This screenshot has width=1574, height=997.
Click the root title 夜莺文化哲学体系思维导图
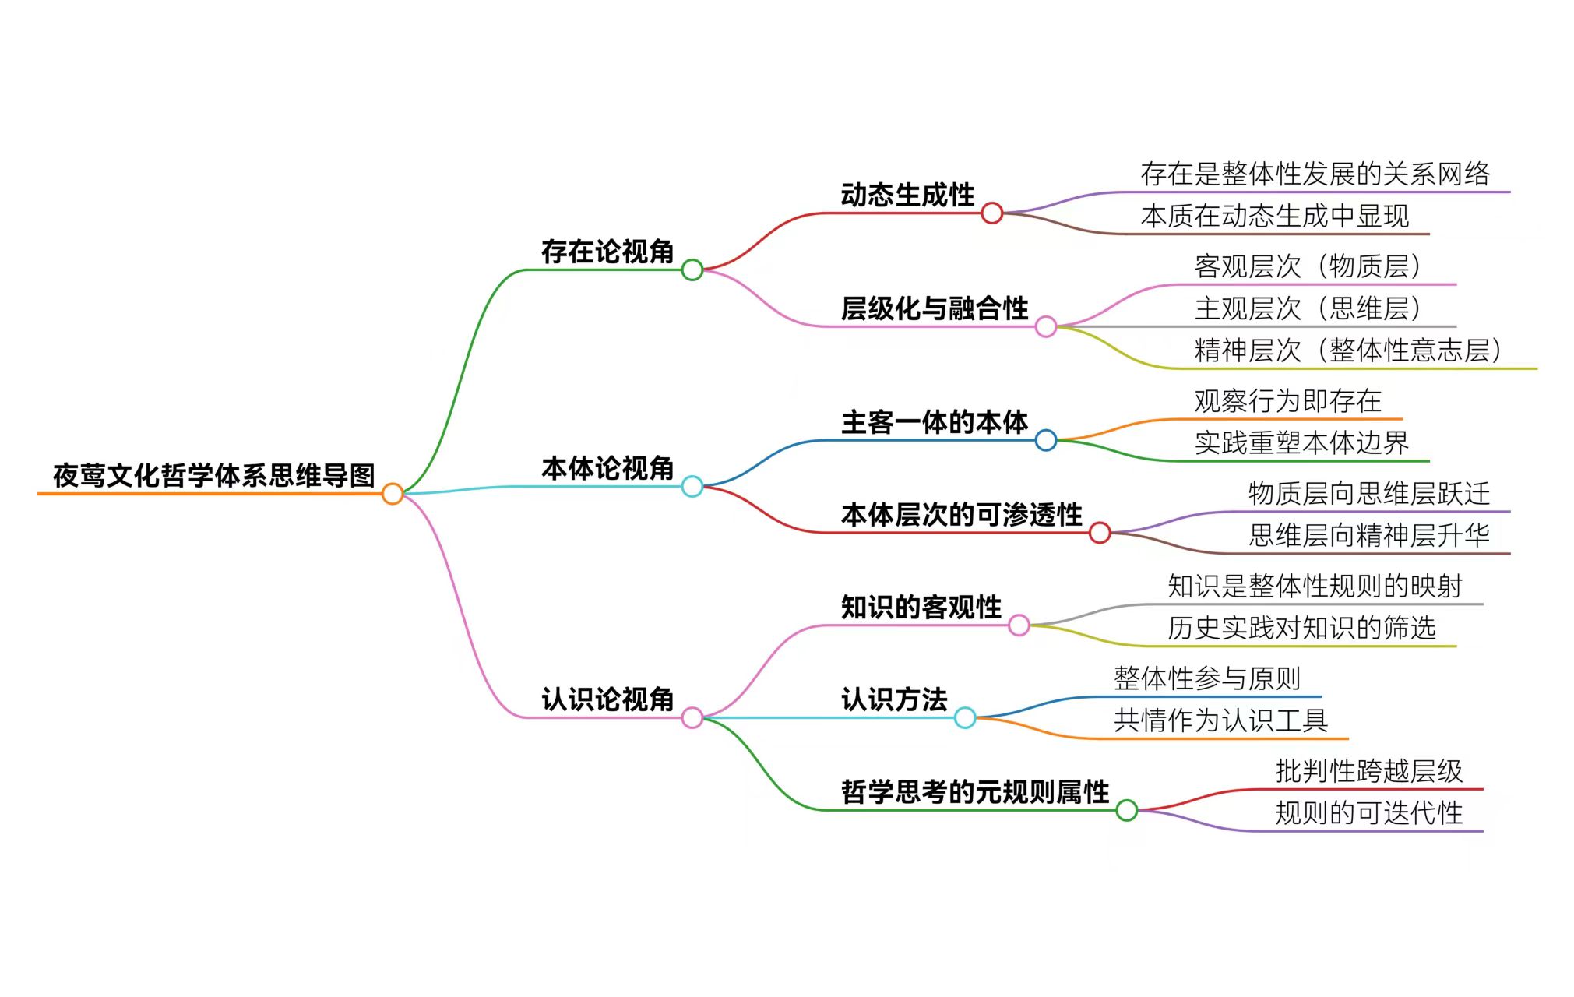pos(214,475)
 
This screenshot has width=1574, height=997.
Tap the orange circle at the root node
pos(393,494)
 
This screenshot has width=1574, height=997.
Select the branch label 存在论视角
pos(607,252)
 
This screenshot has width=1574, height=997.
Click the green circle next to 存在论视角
pos(692,270)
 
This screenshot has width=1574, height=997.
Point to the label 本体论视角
pos(607,468)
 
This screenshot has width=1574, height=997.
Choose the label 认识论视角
pos(607,699)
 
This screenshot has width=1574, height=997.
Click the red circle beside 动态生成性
pos(991,213)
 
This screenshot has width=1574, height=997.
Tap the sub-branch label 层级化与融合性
pos(935,308)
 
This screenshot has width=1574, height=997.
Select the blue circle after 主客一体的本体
pos(1046,441)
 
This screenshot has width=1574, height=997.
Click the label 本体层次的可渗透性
pos(962,515)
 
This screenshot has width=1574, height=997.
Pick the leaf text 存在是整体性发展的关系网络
pos(1315,174)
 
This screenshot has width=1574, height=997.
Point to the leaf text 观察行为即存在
pos(1288,401)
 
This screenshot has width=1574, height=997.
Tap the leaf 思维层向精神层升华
pos(1369,535)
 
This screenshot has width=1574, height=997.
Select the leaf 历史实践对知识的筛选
pos(1301,628)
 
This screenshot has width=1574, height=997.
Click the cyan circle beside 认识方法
pos(965,718)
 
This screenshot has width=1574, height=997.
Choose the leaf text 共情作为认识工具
pos(1220,720)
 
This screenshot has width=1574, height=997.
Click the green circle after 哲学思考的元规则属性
pos(1126,811)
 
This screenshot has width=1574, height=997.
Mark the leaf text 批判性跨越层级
pos(1369,771)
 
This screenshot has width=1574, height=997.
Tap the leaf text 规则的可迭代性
pos(1369,813)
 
